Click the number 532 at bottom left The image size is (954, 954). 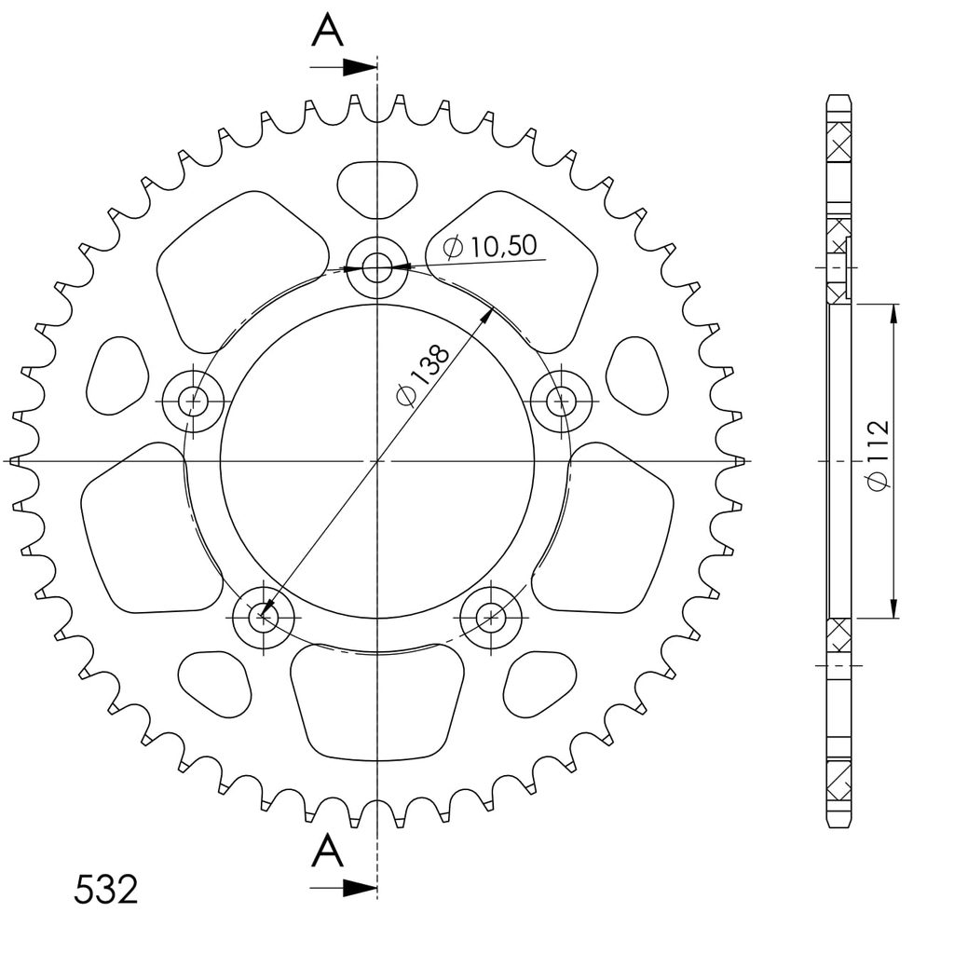click(106, 890)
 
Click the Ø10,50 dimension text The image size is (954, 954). click(490, 246)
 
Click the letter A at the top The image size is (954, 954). click(327, 31)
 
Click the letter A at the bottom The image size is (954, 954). click(327, 852)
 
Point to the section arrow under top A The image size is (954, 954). click(343, 67)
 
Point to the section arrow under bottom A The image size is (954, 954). click(343, 888)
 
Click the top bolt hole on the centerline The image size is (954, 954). click(377, 267)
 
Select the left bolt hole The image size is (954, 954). click(194, 401)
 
